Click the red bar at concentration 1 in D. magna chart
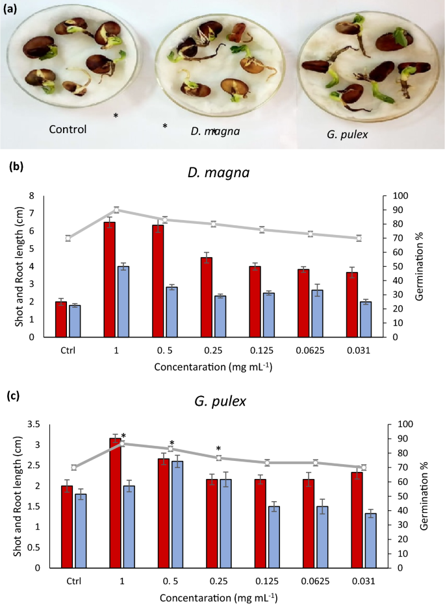tap(110, 279)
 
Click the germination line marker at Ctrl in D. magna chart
tap(68, 238)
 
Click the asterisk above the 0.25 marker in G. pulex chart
tap(219, 449)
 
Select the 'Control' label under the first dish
tap(68, 129)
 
